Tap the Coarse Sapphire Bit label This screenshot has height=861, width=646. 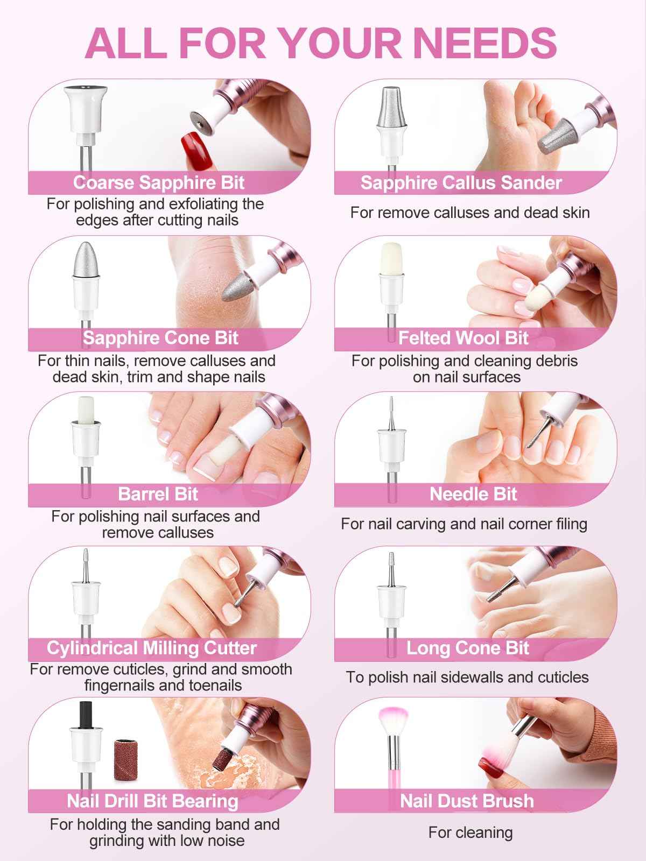click(159, 182)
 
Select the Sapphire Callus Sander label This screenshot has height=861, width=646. click(461, 182)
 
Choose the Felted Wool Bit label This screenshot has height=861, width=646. click(464, 338)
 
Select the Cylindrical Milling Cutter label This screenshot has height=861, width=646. click(152, 648)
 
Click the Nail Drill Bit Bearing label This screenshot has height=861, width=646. click(152, 801)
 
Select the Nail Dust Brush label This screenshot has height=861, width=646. click(467, 801)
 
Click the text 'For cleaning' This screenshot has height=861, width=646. click(470, 832)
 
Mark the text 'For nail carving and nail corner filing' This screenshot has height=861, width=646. click(464, 524)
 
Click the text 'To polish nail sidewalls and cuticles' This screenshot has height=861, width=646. click(467, 677)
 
